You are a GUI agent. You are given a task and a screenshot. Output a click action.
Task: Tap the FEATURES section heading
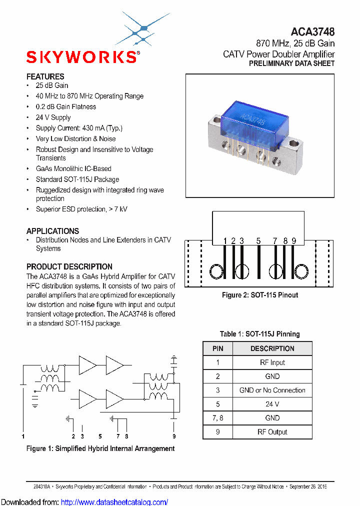coord(45,76)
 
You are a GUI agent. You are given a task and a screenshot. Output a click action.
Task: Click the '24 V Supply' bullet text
coord(53,117)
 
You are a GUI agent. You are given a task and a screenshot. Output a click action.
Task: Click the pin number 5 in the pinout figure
coord(258,241)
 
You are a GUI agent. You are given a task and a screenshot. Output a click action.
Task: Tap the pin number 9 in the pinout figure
coord(294,241)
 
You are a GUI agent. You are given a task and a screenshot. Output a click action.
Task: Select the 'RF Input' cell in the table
coord(272,362)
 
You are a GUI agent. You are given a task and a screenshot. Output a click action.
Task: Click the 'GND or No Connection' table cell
coord(272,390)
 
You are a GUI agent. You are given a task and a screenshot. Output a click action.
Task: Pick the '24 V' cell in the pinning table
coord(272,404)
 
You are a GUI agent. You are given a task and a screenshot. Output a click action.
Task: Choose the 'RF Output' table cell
coord(272,432)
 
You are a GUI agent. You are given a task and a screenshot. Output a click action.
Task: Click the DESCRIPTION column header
coord(272,348)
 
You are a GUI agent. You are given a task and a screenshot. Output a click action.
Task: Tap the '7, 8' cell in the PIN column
coord(217,418)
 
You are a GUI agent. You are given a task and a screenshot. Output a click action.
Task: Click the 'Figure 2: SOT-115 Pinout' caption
coord(260,295)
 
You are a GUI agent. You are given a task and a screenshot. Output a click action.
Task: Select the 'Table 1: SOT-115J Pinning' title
coord(260,334)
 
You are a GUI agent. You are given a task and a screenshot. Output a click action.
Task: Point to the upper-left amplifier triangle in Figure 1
coord(86,365)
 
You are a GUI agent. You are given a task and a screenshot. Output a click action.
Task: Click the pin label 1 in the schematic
coord(23,436)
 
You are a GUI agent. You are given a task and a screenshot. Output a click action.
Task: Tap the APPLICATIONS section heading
coord(52,231)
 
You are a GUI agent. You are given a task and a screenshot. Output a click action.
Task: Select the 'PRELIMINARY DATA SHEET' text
coord(291,63)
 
